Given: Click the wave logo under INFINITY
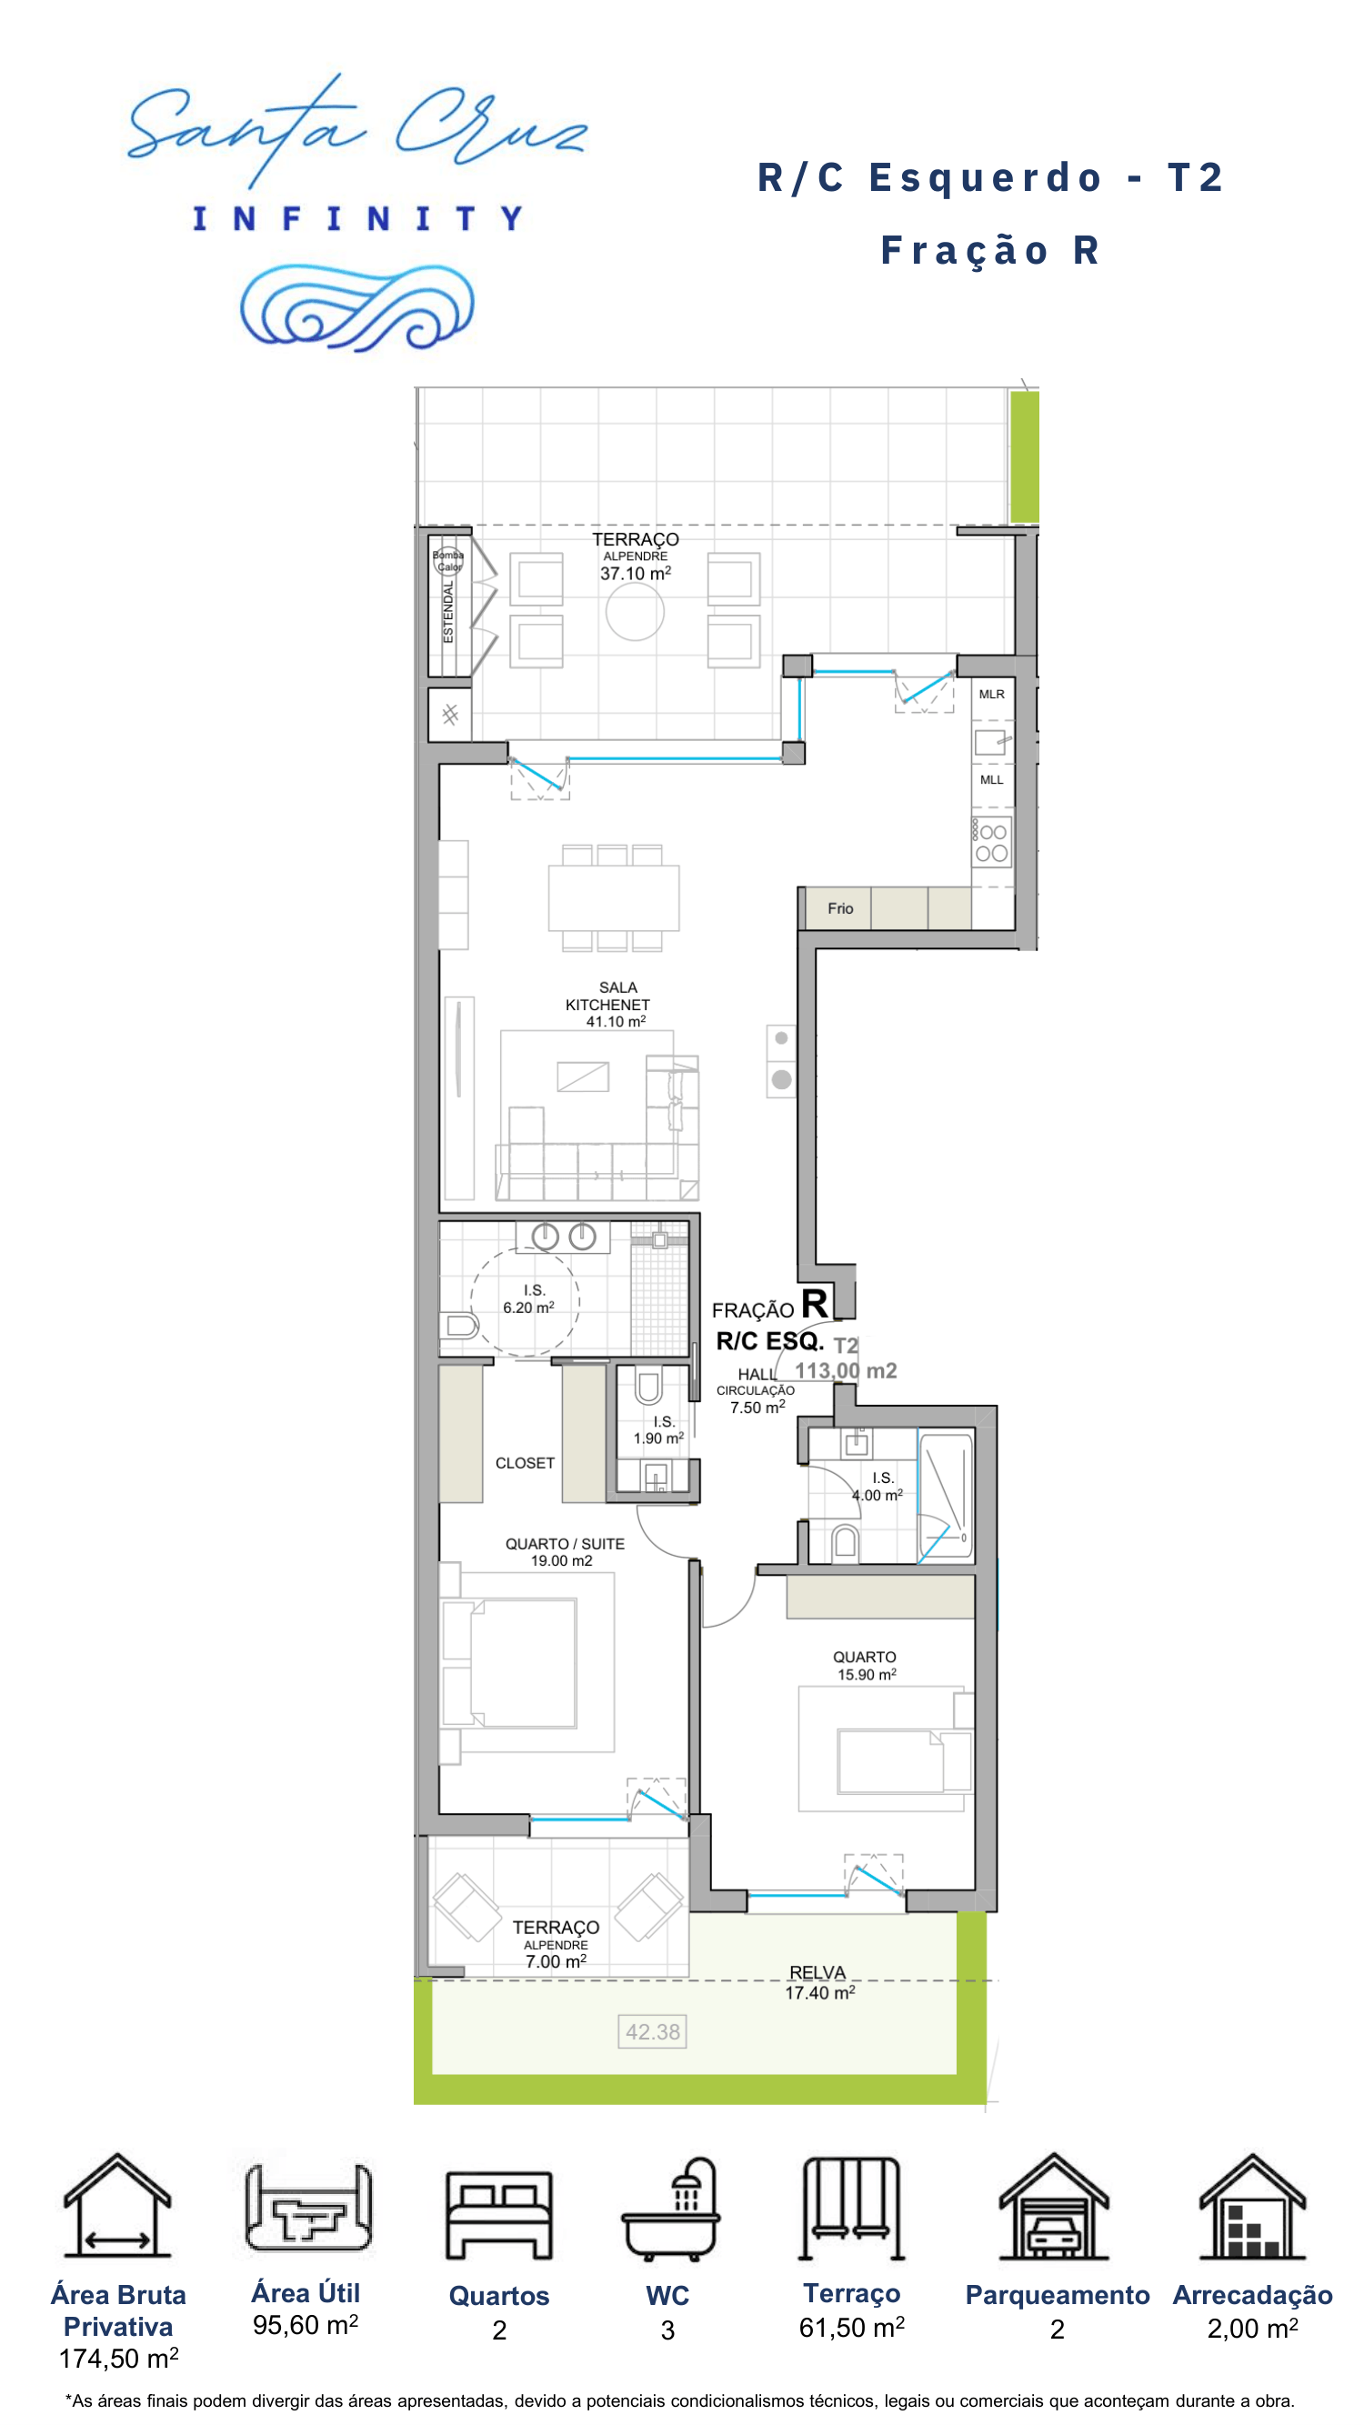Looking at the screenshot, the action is pyautogui.click(x=356, y=307).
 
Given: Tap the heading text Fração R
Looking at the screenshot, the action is pyautogui.click(x=990, y=250).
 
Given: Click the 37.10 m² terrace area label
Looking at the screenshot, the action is pyautogui.click(x=636, y=574).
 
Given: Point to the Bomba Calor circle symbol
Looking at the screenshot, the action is pyautogui.click(x=448, y=561).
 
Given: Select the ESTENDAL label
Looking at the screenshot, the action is pyautogui.click(x=448, y=612).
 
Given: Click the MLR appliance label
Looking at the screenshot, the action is pyautogui.click(x=991, y=694).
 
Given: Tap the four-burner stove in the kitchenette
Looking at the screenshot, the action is pyautogui.click(x=991, y=842).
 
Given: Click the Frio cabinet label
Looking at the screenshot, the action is pyautogui.click(x=840, y=908).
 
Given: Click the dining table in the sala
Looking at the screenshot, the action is pyautogui.click(x=614, y=898).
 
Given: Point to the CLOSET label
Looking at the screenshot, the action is pyautogui.click(x=526, y=1463).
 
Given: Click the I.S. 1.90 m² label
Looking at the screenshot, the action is pyautogui.click(x=659, y=1430).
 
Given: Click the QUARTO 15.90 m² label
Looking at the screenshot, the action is pyautogui.click(x=866, y=1665).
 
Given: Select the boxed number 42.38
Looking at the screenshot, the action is pyautogui.click(x=652, y=2031).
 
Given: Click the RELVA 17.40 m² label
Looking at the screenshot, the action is pyautogui.click(x=820, y=1982).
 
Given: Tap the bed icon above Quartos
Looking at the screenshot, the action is pyautogui.click(x=499, y=2215).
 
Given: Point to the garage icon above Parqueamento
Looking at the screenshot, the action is pyautogui.click(x=1054, y=2206).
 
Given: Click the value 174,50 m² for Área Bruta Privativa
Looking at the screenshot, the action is pyautogui.click(x=118, y=2358).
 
